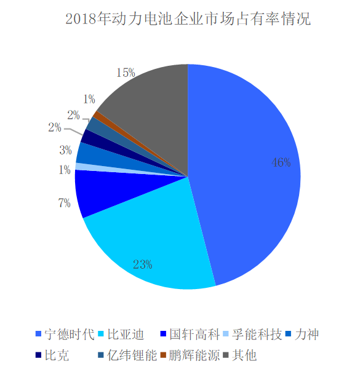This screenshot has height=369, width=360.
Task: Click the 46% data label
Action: tap(281, 163)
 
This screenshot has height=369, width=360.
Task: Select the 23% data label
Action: tap(142, 264)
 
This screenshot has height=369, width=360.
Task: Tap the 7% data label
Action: tap(64, 203)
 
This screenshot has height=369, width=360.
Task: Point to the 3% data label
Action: tap(66, 149)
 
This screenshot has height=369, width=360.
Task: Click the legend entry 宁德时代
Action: tap(68, 335)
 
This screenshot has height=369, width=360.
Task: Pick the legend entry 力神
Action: tap(308, 335)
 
